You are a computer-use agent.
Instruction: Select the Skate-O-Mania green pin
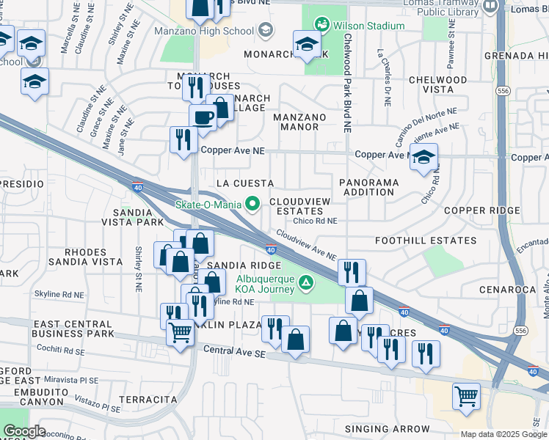[253, 204]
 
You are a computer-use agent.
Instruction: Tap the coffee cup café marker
[202, 117]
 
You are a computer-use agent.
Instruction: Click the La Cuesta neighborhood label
[245, 183]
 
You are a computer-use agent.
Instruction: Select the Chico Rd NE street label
[315, 220]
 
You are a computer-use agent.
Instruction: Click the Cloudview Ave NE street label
[306, 245]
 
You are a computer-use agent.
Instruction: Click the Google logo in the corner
[24, 431]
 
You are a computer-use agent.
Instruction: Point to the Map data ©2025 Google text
[503, 434]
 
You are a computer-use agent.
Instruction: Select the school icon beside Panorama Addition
[423, 158]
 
